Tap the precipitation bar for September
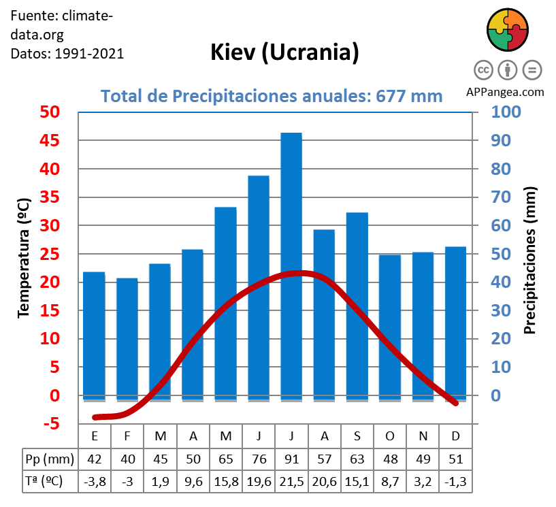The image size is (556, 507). coord(357,306)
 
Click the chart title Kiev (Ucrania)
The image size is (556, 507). coord(284,52)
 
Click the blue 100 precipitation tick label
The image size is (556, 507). coord(506,112)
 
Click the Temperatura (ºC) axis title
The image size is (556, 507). coord(24,258)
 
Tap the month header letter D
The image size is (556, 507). coord(455,436)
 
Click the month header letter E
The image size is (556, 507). coord(95,436)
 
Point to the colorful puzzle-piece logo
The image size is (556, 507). coord(508,29)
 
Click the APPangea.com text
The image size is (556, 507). coord(506,92)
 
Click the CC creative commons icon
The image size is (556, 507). coord(483,69)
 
